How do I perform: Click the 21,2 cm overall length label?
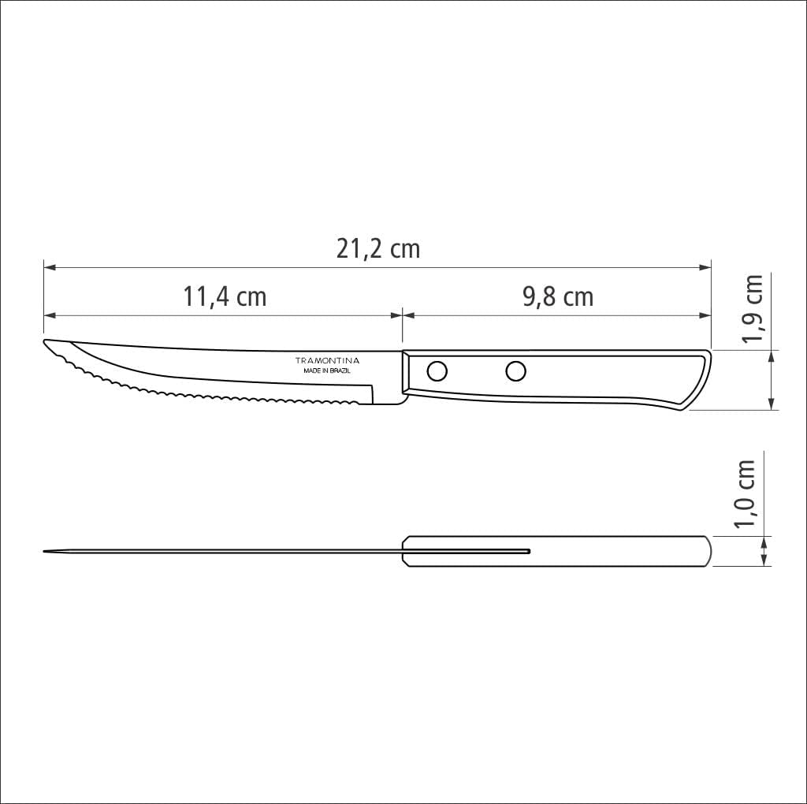(x=378, y=249)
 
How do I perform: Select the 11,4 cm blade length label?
(x=225, y=297)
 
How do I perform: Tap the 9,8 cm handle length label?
(x=557, y=297)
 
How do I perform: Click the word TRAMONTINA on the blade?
(x=327, y=359)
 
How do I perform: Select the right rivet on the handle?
(x=516, y=370)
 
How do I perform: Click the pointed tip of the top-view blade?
(x=46, y=551)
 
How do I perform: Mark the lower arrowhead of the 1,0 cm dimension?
(x=764, y=560)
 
